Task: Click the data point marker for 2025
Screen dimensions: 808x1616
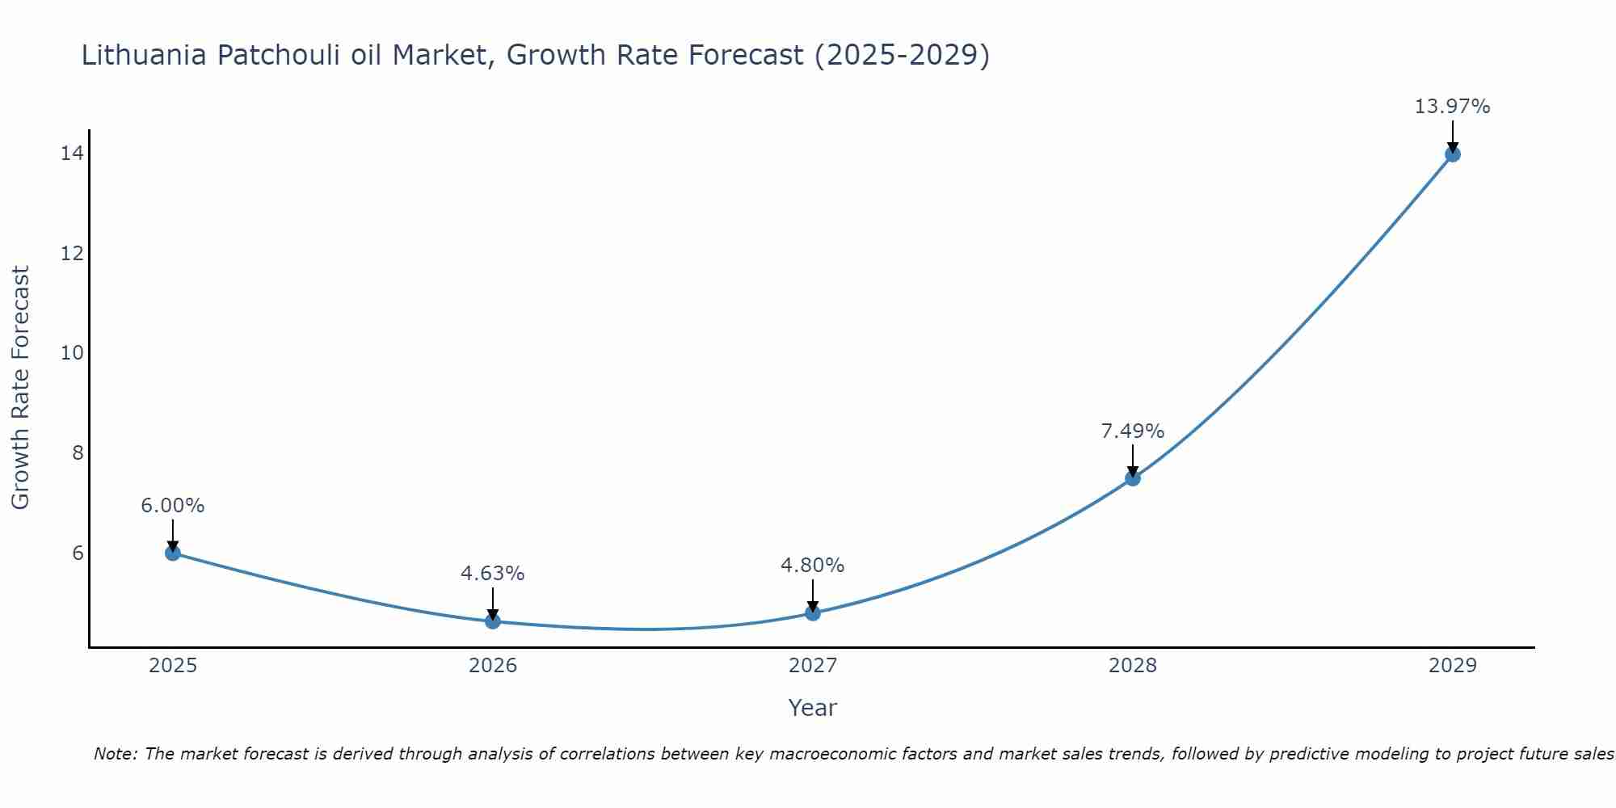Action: pyautogui.click(x=173, y=553)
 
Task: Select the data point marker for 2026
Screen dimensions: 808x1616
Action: pyautogui.click(x=493, y=621)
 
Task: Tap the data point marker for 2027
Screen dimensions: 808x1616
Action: pyautogui.click(x=813, y=612)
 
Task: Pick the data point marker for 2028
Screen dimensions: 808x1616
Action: pyautogui.click(x=1133, y=478)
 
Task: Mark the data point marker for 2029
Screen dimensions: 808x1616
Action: pyautogui.click(x=1452, y=154)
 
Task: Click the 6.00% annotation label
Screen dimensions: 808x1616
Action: pyautogui.click(x=173, y=506)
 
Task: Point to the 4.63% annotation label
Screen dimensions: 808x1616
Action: pyautogui.click(x=493, y=574)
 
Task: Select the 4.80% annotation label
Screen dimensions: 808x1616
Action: pyautogui.click(x=813, y=566)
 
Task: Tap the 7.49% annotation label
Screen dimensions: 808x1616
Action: pyautogui.click(x=1133, y=431)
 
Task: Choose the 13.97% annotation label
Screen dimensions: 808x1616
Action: pyautogui.click(x=1452, y=107)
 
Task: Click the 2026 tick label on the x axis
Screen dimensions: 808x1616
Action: pyautogui.click(x=493, y=666)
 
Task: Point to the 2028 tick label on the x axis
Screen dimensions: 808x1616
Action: pyautogui.click(x=1133, y=666)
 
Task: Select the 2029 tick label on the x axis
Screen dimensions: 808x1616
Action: pyautogui.click(x=1452, y=666)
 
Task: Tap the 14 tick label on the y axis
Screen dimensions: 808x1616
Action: pyautogui.click(x=72, y=154)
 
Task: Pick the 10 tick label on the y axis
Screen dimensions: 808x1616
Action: pyautogui.click(x=72, y=353)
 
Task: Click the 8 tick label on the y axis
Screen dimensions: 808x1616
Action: pyautogui.click(x=78, y=452)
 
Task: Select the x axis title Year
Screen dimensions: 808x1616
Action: pyautogui.click(x=812, y=708)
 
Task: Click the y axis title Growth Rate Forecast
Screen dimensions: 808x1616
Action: pyautogui.click(x=20, y=388)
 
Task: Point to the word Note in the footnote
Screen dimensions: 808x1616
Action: pyautogui.click(x=116, y=754)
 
